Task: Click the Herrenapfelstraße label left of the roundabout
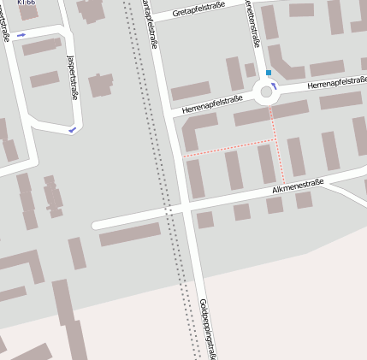(x=213, y=104)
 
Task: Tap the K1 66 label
(x=27, y=3)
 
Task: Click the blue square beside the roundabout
(x=269, y=73)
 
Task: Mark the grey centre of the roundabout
(x=266, y=91)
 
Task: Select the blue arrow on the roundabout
(x=275, y=86)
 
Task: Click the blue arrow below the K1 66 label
(x=21, y=35)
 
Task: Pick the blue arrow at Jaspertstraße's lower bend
(x=73, y=129)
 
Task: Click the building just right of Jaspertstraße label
(x=102, y=85)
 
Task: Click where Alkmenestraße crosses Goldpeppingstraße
(x=184, y=209)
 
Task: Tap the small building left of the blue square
(x=250, y=69)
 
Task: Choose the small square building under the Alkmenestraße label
(x=275, y=204)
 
